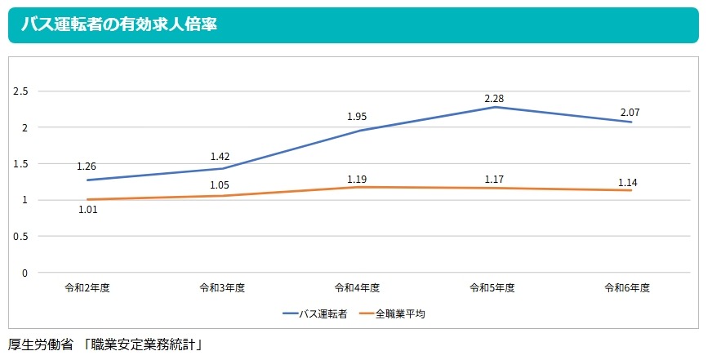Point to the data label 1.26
pyautogui.click(x=87, y=167)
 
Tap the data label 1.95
pyautogui.click(x=357, y=117)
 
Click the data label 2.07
pyautogui.click(x=630, y=111)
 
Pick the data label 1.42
pyautogui.click(x=221, y=155)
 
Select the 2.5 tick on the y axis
pyautogui.click(x=22, y=91)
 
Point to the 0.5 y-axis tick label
pyautogui.click(x=22, y=237)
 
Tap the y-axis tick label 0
pyautogui.click(x=25, y=273)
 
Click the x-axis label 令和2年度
pyautogui.click(x=87, y=288)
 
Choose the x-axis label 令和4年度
pyautogui.click(x=357, y=288)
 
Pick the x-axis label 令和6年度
pyautogui.click(x=627, y=288)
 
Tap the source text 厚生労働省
pyautogui.click(x=41, y=344)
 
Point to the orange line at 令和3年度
pyautogui.click(x=221, y=196)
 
